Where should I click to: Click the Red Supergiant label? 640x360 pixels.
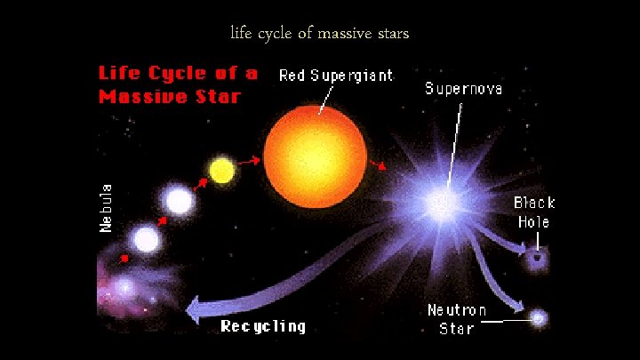[x=336, y=76]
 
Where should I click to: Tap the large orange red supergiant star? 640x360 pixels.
[x=315, y=147]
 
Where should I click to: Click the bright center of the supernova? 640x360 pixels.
[x=440, y=204]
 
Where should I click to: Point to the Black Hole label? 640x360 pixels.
[x=533, y=212]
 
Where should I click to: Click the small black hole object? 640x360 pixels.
[x=536, y=259]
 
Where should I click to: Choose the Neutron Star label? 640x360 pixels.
[x=457, y=319]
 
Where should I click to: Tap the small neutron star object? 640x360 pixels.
[x=538, y=316]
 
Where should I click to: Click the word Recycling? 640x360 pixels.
[x=263, y=326]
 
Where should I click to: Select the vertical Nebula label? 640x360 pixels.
[x=106, y=208]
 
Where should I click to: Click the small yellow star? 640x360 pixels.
[x=220, y=169]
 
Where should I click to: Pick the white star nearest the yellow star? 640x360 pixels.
[x=179, y=200]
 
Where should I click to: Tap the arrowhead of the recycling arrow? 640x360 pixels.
[x=193, y=309]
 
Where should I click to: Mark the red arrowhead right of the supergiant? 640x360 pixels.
[x=382, y=165]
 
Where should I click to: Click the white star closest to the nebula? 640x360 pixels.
[x=146, y=239]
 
